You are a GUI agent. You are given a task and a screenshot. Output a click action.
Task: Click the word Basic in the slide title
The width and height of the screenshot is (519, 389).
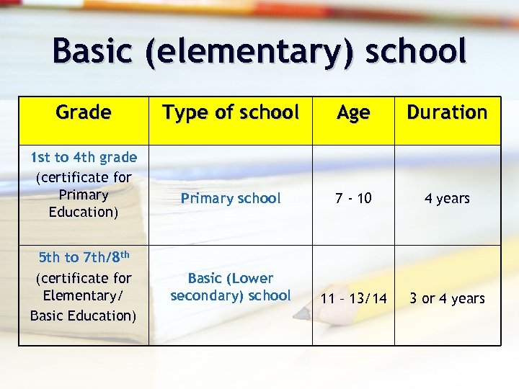point(93,51)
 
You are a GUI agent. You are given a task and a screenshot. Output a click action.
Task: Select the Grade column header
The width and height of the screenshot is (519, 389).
point(84,112)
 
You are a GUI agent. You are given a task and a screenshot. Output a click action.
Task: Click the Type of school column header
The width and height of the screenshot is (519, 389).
point(231,112)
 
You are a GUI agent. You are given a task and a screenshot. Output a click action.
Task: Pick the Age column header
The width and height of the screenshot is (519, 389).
point(353,113)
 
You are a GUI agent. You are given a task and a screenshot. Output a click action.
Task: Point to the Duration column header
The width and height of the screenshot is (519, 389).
point(447,112)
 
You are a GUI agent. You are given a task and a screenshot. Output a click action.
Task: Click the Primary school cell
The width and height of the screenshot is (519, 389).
point(231,198)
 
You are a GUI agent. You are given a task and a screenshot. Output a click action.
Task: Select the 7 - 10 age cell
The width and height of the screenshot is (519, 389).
point(353,198)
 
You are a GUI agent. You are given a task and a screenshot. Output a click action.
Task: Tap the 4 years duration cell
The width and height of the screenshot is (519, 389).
point(447,198)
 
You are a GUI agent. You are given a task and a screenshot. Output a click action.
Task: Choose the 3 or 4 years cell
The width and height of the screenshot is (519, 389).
point(447,298)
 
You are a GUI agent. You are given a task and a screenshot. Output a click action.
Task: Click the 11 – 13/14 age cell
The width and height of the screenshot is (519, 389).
point(353,298)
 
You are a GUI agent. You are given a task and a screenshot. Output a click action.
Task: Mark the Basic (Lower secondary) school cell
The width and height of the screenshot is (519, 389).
point(231,287)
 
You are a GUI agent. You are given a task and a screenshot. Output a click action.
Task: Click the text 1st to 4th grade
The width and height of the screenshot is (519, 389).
point(84,158)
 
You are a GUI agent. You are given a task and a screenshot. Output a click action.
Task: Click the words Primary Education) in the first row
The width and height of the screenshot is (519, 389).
point(84,203)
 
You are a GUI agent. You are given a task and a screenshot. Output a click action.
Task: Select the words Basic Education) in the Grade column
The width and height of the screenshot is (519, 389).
point(84,315)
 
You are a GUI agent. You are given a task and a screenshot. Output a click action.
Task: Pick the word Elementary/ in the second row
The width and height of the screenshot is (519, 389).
point(84,295)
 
